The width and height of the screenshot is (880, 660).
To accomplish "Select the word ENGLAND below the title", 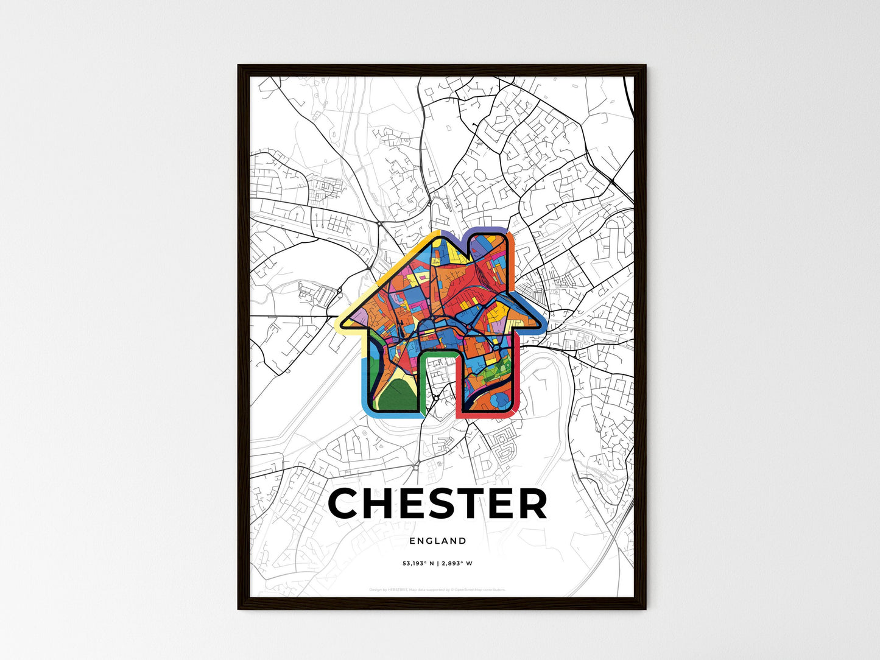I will click(x=438, y=541).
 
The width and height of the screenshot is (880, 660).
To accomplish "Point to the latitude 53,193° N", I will click(x=418, y=563).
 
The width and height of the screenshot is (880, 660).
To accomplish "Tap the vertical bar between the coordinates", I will click(x=437, y=563).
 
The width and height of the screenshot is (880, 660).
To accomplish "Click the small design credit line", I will click(x=437, y=589).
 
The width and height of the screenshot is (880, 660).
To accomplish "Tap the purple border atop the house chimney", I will click(x=487, y=230).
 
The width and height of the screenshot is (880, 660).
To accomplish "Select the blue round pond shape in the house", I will click(x=501, y=399).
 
